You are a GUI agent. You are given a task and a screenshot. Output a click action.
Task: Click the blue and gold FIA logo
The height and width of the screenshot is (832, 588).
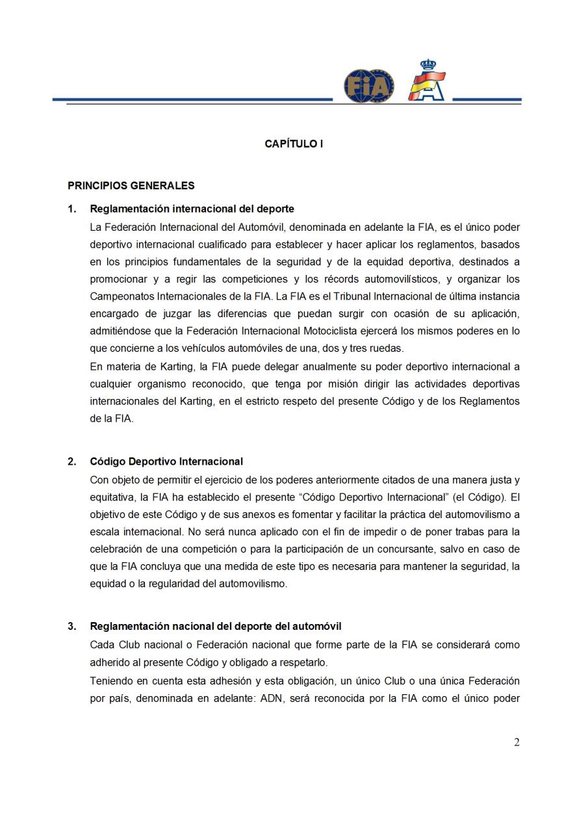pyautogui.click(x=368, y=86)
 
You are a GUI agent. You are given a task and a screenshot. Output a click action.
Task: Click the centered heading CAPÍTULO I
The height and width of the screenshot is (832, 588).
pyautogui.click(x=294, y=144)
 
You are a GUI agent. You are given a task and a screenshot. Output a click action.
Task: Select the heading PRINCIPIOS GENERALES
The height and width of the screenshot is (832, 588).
pyautogui.click(x=131, y=186)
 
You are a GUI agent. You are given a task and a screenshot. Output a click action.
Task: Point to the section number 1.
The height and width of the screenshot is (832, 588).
pyautogui.click(x=71, y=209)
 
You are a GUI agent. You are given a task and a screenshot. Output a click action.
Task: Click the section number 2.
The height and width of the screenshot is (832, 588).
pyautogui.click(x=71, y=462)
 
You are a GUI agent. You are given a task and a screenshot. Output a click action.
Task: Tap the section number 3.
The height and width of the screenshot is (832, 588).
pyautogui.click(x=71, y=627)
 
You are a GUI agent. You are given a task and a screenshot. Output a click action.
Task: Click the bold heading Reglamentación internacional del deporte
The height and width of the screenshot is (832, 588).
pyautogui.click(x=192, y=209)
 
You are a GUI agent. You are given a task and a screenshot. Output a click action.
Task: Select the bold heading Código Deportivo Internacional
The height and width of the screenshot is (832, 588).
pyautogui.click(x=166, y=462)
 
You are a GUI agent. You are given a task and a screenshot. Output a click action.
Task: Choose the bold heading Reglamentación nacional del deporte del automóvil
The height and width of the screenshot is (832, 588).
pyautogui.click(x=216, y=627)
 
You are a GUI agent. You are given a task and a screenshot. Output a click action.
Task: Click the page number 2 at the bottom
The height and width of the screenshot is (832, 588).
pyautogui.click(x=517, y=743)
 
